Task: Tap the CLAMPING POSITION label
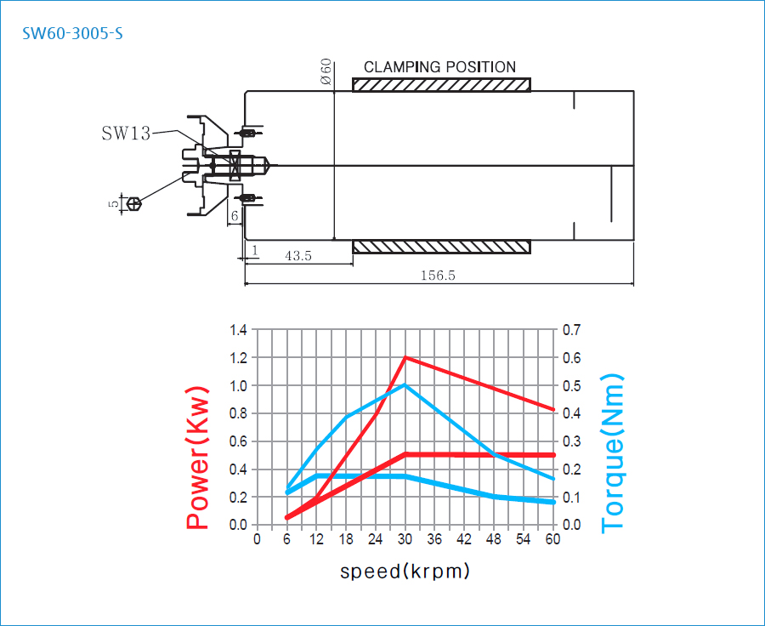coord(439,67)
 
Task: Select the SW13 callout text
coord(126,134)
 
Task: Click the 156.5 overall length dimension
coord(439,275)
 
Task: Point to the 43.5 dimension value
coord(297,255)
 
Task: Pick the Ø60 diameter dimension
coord(326,72)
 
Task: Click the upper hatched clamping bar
coord(441,85)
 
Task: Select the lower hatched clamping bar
coord(441,247)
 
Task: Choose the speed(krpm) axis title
coord(405,571)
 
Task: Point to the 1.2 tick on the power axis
coord(238,358)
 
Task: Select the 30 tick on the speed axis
coord(405,539)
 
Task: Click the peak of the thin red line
coord(405,357)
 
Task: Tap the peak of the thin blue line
coord(405,385)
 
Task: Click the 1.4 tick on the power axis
coord(238,330)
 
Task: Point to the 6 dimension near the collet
coord(235,217)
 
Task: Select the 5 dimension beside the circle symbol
coord(114,203)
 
